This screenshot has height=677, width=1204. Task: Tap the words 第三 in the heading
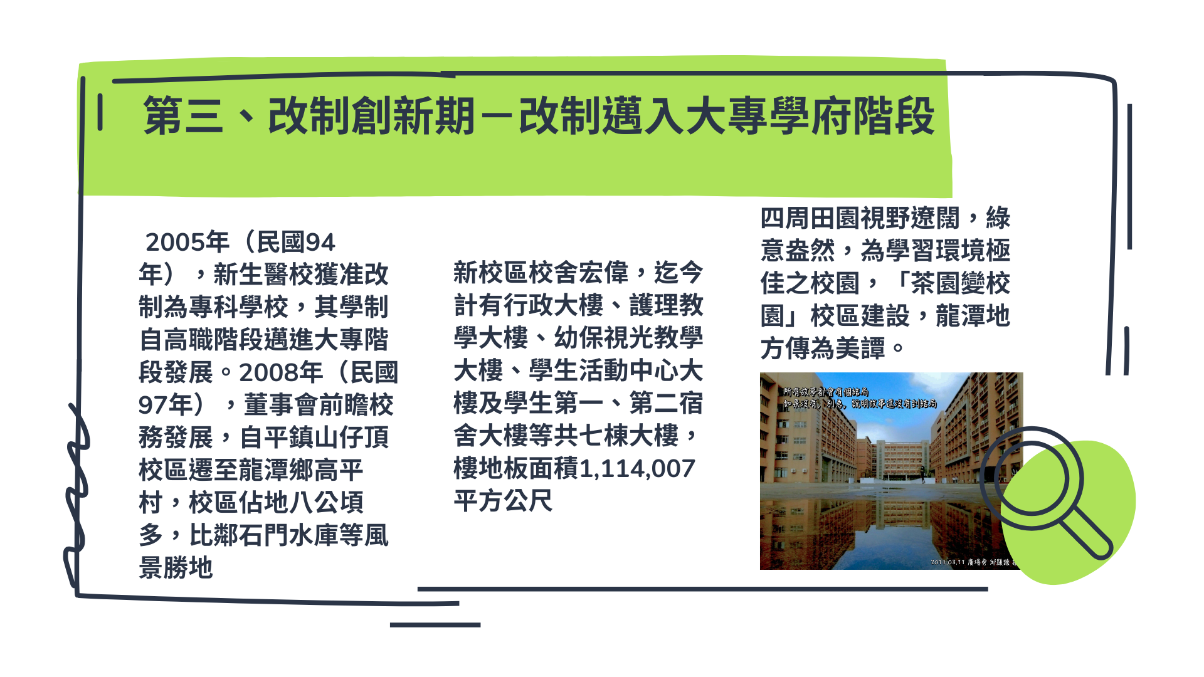tap(182, 117)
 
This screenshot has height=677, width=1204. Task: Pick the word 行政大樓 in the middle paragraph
tap(553, 305)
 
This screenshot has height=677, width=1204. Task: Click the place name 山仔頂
tap(351, 438)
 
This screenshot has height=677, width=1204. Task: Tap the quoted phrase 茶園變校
tap(959, 283)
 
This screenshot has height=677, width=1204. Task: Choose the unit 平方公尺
tap(503, 501)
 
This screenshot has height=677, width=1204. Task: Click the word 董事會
tap(281, 405)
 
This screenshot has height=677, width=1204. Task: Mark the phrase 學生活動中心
tap(603, 370)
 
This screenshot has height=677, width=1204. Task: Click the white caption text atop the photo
tap(859, 398)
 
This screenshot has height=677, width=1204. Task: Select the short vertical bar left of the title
tap(100, 112)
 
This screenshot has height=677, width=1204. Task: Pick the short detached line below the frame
tap(435, 625)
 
